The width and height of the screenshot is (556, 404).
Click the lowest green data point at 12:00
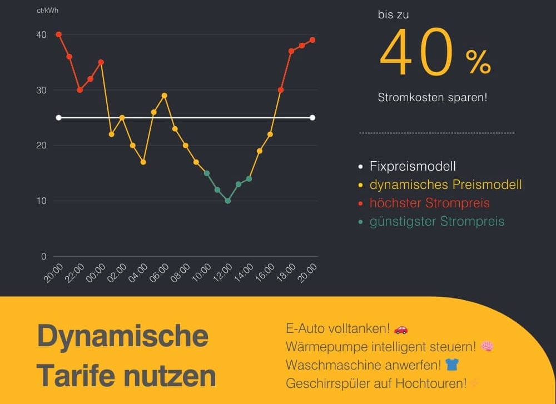(228, 201)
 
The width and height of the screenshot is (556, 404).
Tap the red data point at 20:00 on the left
(58, 34)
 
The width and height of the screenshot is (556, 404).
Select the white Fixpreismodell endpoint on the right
(312, 117)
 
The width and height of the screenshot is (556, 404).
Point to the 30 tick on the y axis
(41, 90)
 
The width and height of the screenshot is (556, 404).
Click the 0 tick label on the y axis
(43, 256)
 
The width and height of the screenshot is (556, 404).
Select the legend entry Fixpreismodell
(413, 166)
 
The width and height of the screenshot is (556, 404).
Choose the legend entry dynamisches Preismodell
(445, 184)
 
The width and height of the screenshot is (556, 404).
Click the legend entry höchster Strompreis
(429, 203)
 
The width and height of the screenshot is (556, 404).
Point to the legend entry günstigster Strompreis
(437, 221)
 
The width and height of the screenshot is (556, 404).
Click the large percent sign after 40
(478, 62)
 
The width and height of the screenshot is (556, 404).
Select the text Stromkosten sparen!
(433, 97)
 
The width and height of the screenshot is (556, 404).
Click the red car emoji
(401, 330)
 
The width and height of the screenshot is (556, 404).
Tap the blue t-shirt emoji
(452, 365)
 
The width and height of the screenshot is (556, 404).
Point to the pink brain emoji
(487, 347)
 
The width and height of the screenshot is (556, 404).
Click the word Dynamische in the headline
(123, 336)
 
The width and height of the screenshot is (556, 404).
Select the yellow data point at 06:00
(164, 96)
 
